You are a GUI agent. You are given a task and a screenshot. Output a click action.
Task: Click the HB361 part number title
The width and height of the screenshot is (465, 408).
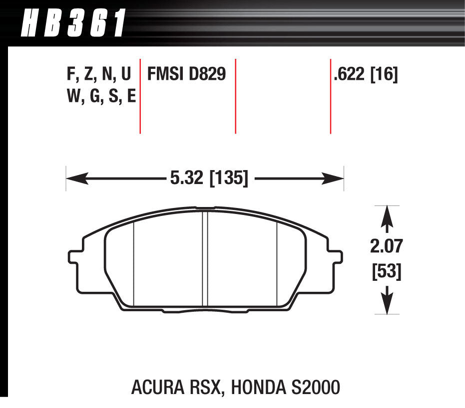(x=73, y=23)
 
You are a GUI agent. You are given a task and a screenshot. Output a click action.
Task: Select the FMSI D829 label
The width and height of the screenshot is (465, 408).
(x=186, y=75)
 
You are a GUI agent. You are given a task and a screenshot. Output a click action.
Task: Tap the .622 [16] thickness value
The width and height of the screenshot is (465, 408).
(x=366, y=75)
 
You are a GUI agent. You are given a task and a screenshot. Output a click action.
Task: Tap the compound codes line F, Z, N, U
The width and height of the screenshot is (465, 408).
(x=98, y=75)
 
